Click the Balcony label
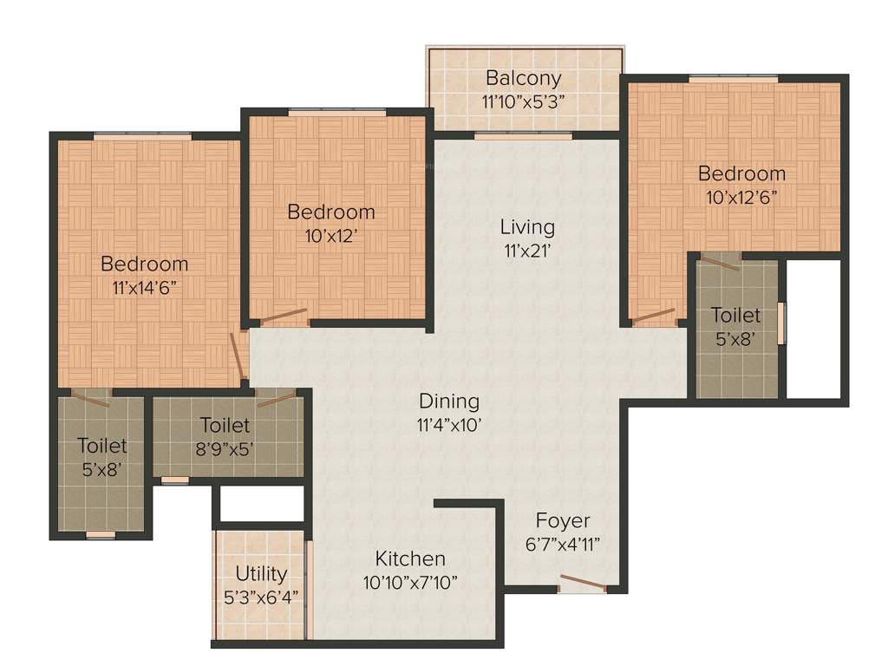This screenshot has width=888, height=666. [523, 78]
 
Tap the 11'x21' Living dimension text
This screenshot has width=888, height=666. [526, 251]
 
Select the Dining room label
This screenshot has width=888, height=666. [449, 402]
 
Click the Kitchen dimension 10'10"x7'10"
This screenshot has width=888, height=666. [410, 582]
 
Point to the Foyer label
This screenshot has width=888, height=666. [562, 521]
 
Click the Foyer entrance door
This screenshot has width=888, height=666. [582, 584]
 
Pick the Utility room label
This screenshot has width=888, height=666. [261, 574]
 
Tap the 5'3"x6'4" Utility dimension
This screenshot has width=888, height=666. [261, 597]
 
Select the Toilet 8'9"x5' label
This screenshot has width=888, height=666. [225, 426]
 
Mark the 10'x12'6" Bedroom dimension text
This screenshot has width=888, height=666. [741, 196]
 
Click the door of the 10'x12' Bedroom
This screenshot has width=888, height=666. [284, 317]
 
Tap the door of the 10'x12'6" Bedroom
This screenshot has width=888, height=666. [654, 317]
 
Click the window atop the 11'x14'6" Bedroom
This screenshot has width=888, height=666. [142, 135]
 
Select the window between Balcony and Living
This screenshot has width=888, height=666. [523, 135]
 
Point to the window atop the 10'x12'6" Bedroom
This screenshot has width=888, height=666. [733, 79]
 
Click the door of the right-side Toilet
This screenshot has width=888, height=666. [721, 262]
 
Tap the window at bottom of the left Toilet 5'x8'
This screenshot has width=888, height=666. [101, 535]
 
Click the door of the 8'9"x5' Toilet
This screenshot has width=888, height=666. [276, 399]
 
